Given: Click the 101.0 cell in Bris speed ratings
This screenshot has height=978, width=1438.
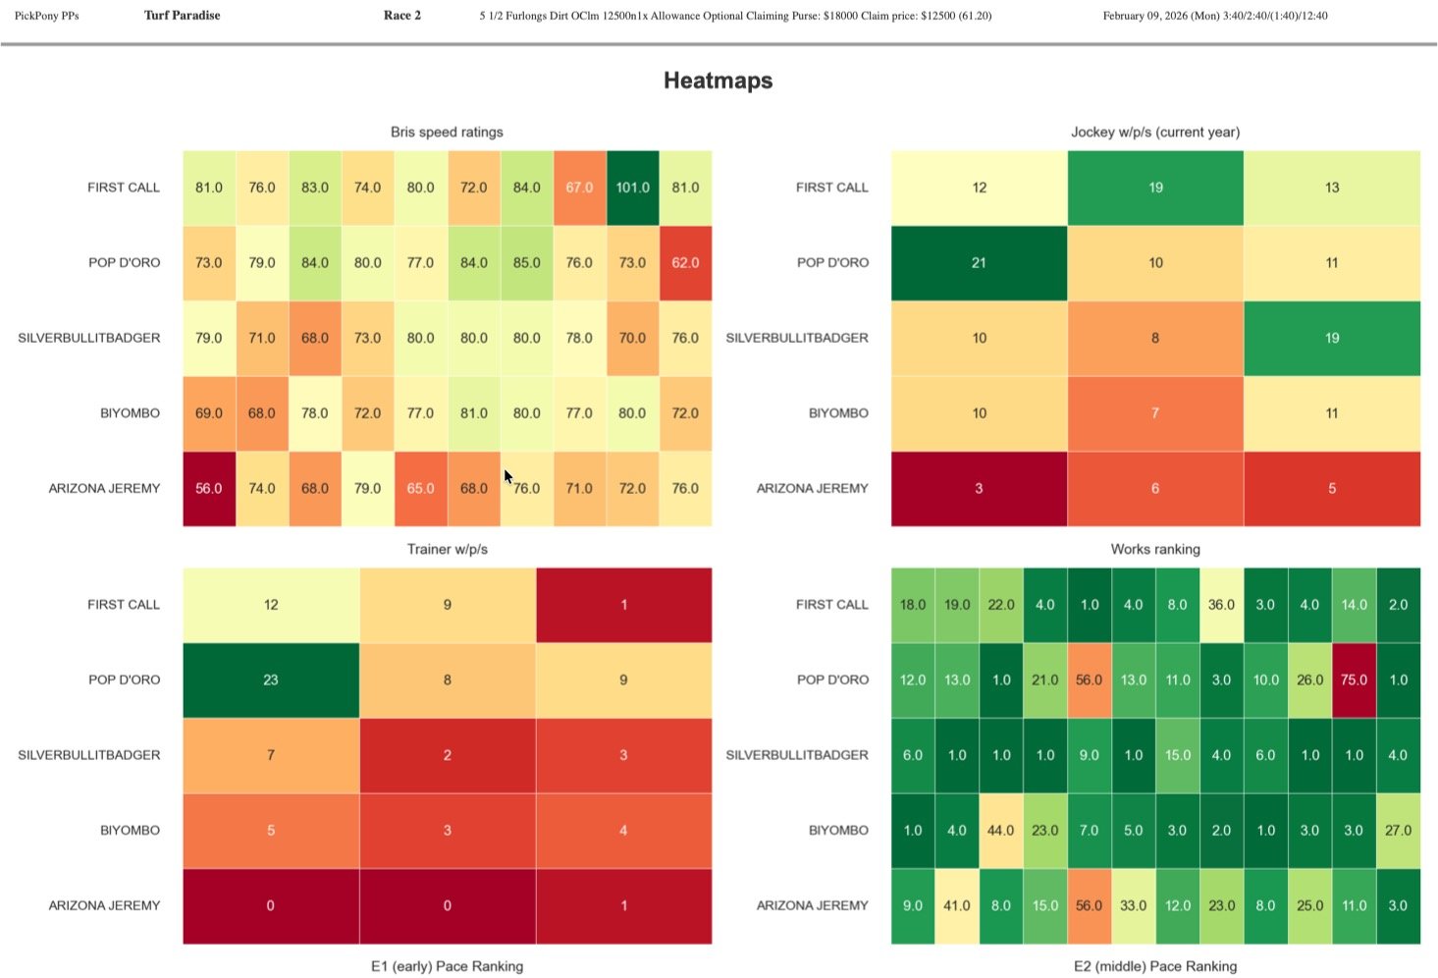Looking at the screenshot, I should pyautogui.click(x=632, y=188).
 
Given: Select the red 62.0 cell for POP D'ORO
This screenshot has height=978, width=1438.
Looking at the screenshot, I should pyautogui.click(x=685, y=263).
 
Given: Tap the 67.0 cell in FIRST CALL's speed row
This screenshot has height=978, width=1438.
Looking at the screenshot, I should pyautogui.click(x=579, y=188).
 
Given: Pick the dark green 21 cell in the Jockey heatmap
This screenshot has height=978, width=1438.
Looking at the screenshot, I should pyautogui.click(x=979, y=263).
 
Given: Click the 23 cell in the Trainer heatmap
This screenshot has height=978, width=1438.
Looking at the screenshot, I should pyautogui.click(x=271, y=679).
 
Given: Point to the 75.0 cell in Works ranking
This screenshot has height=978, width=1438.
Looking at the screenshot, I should pyautogui.click(x=1354, y=679).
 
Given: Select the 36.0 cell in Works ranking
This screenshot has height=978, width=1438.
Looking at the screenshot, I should pyautogui.click(x=1221, y=605).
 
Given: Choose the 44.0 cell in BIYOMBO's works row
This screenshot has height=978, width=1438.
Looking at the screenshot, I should pyautogui.click(x=1000, y=831).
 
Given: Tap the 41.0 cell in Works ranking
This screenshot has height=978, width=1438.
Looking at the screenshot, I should pyautogui.click(x=957, y=905).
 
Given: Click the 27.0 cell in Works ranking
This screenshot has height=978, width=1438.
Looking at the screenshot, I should pyautogui.click(x=1398, y=831).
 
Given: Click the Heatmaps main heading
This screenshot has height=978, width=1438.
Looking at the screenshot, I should pyautogui.click(x=718, y=81).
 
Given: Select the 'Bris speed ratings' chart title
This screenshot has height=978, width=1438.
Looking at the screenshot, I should pyautogui.click(x=447, y=132).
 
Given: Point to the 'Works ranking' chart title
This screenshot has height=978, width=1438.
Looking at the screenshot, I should pyautogui.click(x=1155, y=549).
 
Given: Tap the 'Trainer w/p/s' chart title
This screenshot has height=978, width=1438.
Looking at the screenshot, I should pyautogui.click(x=447, y=549).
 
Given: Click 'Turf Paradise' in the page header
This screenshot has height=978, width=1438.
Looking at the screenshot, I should pyautogui.click(x=182, y=16).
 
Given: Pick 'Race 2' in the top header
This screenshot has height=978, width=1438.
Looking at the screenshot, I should pyautogui.click(x=402, y=16).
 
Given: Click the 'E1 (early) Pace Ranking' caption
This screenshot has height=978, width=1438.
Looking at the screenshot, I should pyautogui.click(x=447, y=966).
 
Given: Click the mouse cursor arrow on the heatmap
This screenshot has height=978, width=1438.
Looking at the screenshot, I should pyautogui.click(x=508, y=477).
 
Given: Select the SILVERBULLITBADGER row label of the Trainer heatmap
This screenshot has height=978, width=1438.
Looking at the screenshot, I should pyautogui.click(x=89, y=755).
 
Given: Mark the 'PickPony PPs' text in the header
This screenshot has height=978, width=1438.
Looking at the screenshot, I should pyautogui.click(x=46, y=16).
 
